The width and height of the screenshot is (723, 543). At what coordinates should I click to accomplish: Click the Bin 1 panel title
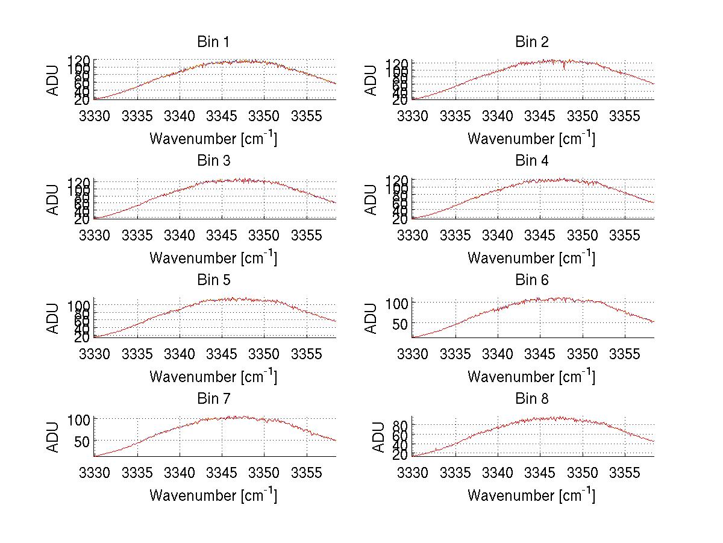(213, 42)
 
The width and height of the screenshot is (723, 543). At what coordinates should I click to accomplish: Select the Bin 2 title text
(531, 42)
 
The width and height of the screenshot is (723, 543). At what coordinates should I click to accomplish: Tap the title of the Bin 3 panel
(213, 161)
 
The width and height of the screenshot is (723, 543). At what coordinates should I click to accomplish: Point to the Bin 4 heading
(531, 161)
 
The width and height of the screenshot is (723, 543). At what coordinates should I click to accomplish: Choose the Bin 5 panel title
(213, 280)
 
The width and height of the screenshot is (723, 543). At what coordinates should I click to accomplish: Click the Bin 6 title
(531, 280)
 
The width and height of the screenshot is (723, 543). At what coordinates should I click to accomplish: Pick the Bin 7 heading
(213, 399)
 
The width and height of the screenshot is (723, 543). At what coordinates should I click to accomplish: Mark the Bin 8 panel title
(531, 399)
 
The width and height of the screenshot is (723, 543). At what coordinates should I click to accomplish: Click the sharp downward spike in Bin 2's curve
(564, 67)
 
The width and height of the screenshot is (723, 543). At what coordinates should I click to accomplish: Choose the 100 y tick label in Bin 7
(79, 419)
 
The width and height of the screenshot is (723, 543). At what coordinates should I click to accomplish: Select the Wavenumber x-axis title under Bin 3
(213, 257)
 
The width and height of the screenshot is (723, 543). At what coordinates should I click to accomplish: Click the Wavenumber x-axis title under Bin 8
(531, 495)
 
